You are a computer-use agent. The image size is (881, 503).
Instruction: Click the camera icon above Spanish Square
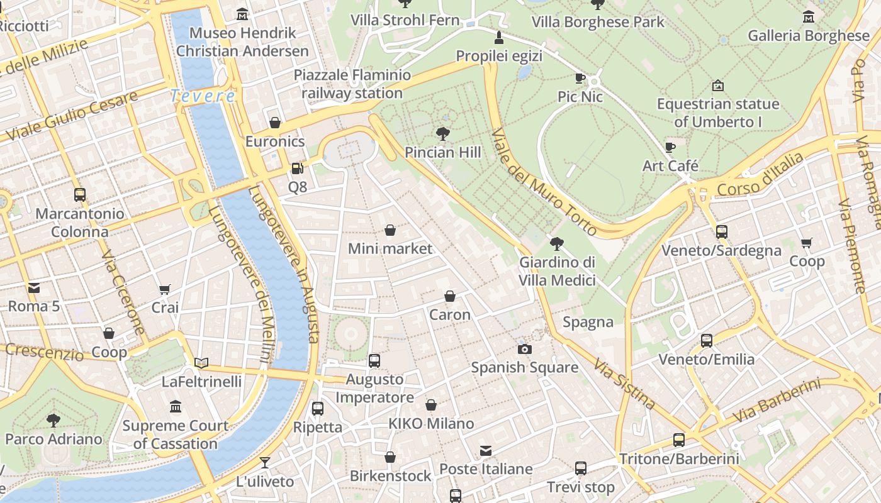pyautogui.click(x=524, y=349)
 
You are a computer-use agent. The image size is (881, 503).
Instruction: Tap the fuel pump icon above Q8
pyautogui.click(x=297, y=169)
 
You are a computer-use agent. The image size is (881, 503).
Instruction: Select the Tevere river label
pyautogui.click(x=203, y=96)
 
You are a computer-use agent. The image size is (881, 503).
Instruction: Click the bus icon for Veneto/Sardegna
pyautogui.click(x=721, y=231)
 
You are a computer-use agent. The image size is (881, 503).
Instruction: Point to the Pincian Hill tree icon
pyautogui.click(x=443, y=133)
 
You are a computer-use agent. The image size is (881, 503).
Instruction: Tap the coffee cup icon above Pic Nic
pyautogui.click(x=580, y=78)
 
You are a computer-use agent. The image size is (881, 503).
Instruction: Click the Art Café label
pyautogui.click(x=670, y=166)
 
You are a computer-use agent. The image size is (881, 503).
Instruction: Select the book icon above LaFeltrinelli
pyautogui.click(x=201, y=363)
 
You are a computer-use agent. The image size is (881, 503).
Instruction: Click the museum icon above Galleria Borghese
pyautogui.click(x=809, y=16)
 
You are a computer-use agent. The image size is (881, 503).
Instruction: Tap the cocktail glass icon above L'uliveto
pyautogui.click(x=265, y=463)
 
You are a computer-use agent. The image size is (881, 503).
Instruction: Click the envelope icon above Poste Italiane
pyautogui.click(x=486, y=450)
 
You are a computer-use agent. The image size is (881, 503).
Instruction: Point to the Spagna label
pyautogui.click(x=588, y=322)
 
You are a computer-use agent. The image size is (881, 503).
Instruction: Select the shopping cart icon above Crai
pyautogui.click(x=165, y=289)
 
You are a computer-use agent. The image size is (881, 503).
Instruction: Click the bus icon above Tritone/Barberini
pyautogui.click(x=679, y=439)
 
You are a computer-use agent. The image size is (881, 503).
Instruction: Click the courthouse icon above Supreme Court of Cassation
pyautogui.click(x=176, y=407)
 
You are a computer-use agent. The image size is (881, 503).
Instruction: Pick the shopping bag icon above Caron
pyautogui.click(x=450, y=296)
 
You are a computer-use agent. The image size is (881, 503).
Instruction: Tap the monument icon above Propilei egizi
pyautogui.click(x=499, y=37)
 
